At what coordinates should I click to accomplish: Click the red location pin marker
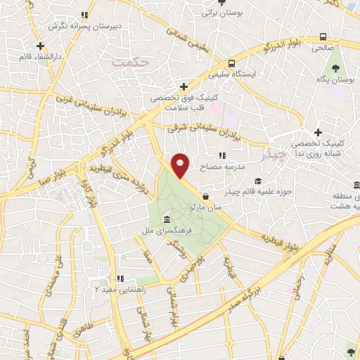point(181,165)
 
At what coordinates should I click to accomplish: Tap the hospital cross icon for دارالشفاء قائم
point(41,46)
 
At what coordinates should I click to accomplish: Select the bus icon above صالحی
point(322,37)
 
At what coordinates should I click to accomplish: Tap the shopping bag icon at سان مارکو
point(205,196)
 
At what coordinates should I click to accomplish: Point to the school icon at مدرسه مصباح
point(222,155)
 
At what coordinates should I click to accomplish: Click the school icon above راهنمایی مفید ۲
point(119,278)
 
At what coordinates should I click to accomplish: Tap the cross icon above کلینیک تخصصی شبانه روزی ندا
point(318,132)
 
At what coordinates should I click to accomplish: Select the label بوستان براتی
point(221,13)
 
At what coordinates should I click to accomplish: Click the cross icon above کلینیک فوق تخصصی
point(184,87)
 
